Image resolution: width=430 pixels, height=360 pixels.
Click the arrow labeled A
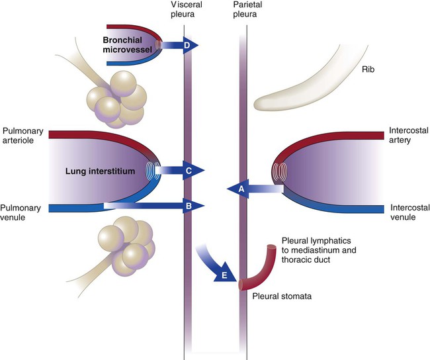coord(255,189)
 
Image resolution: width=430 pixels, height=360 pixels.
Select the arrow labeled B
coord(154,206)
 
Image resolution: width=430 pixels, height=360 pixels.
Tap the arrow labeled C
coord(180,170)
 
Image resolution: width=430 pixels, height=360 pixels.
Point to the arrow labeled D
coord(179,45)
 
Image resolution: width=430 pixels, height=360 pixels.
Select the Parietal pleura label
coord(247,9)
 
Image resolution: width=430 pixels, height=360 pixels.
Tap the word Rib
coord(368,69)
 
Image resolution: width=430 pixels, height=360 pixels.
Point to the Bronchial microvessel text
coord(127,45)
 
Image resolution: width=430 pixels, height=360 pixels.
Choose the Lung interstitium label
coord(100,171)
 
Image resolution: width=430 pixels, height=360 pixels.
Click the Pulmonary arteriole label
coord(22,136)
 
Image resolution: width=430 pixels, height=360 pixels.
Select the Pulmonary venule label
coord(21,212)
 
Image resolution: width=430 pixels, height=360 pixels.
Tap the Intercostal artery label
coord(408,135)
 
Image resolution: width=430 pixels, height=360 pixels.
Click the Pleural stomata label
coord(282,296)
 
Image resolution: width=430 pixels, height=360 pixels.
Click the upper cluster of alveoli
coord(117,99)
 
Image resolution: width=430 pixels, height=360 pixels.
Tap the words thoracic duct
coord(306,259)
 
